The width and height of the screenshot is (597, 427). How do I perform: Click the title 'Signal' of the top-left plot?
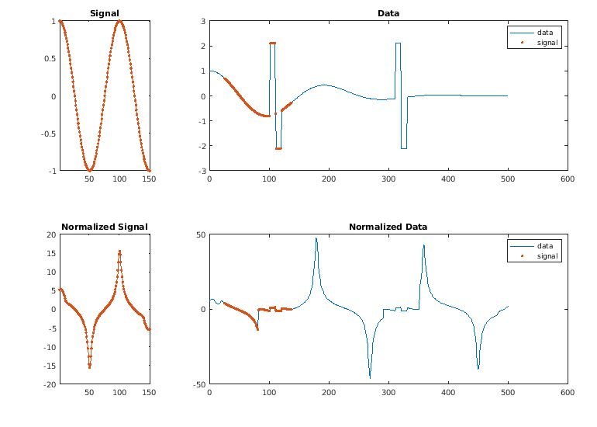tap(105, 13)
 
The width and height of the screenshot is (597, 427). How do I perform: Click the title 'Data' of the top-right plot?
tap(388, 13)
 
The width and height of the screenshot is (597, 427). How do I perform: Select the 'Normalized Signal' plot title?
tap(105, 227)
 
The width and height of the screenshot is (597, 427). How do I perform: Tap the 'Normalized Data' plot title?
tap(388, 227)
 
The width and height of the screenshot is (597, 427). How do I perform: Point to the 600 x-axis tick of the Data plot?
tap(568, 179)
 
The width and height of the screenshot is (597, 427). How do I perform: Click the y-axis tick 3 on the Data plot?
tap(203, 22)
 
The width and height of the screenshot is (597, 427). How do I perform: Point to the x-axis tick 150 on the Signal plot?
tap(150, 179)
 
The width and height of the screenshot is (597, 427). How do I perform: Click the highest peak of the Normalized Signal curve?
tap(119, 251)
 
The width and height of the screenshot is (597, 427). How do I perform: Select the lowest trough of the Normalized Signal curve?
tap(89, 366)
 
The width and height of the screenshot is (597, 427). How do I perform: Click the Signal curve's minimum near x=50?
tap(89, 170)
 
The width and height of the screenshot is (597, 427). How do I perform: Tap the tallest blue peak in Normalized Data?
tap(316, 238)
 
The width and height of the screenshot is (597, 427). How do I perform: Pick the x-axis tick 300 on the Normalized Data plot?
tap(388, 393)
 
